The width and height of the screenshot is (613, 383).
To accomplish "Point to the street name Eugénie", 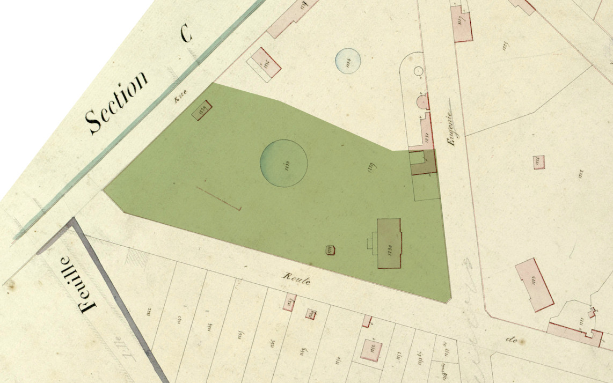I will [450, 125].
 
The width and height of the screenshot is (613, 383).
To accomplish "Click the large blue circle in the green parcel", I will [283, 163].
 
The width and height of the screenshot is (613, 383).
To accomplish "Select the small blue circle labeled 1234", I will [348, 60].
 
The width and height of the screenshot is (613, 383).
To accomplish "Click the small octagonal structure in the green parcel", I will [330, 249].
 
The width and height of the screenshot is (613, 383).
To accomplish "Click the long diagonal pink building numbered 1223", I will [534, 285].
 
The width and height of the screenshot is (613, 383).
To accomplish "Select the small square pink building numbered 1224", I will [539, 162].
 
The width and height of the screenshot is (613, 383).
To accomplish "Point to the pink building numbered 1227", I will [462, 25].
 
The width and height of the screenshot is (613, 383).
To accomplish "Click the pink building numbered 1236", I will [266, 62].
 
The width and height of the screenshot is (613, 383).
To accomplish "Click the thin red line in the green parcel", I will [218, 198].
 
